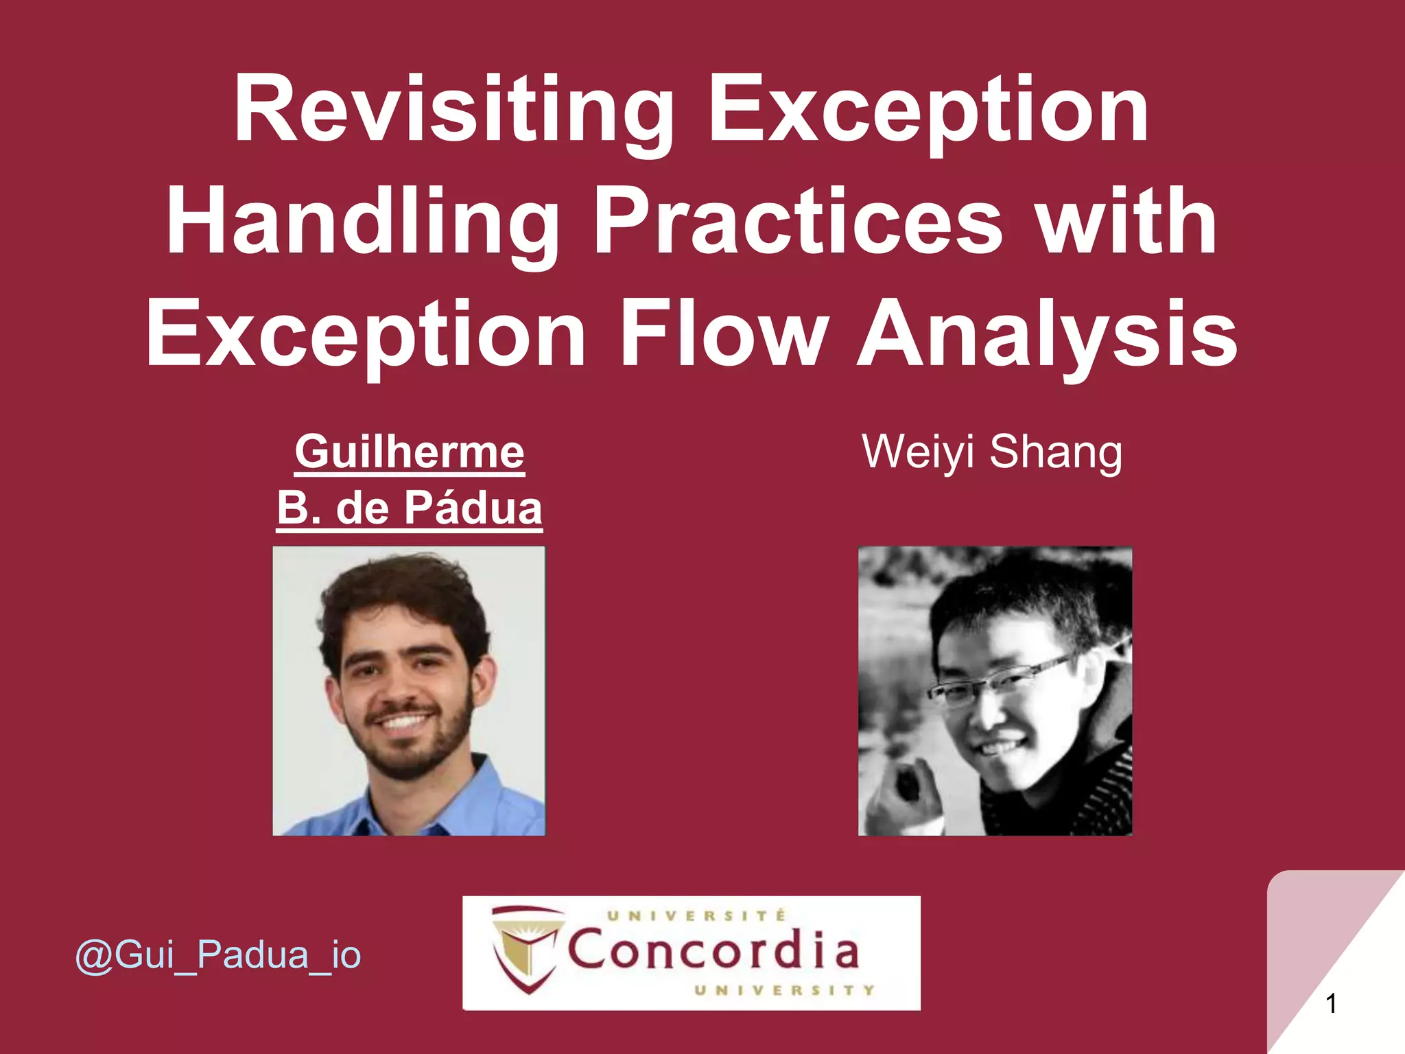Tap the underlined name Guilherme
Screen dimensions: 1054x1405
(410, 452)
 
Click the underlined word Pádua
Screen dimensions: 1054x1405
(473, 508)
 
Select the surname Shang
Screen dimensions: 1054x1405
(1056, 452)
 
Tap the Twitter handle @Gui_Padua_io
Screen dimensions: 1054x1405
(218, 955)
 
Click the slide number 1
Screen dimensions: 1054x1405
(1331, 1004)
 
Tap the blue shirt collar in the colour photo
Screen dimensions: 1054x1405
(480, 789)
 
